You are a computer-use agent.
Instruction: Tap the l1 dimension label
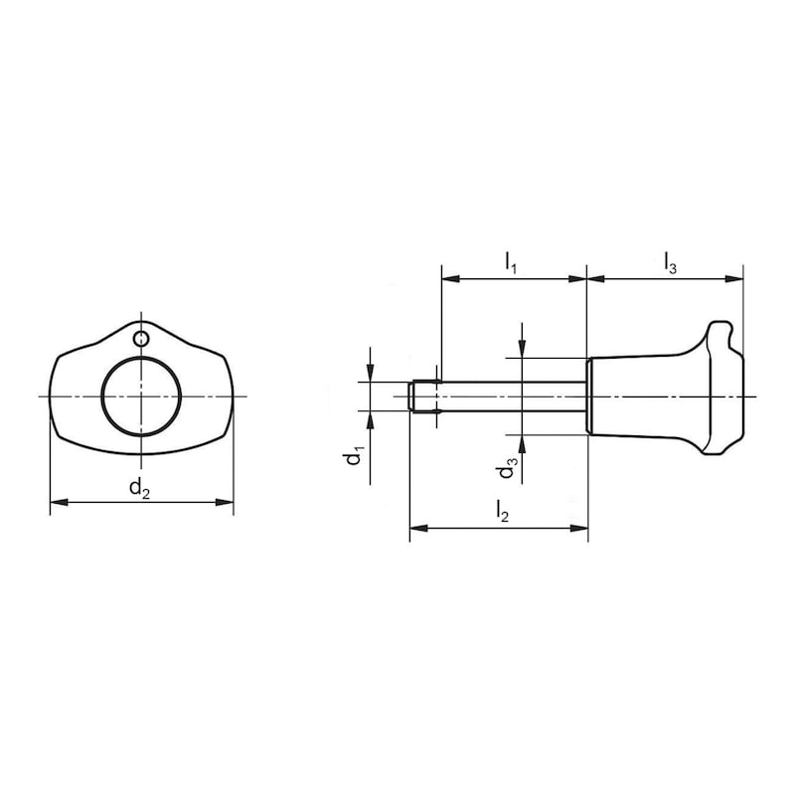511,263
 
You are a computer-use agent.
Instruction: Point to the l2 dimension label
503,513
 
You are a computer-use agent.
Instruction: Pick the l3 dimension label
671,263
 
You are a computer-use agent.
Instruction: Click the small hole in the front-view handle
142,340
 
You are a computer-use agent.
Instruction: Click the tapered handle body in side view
646,397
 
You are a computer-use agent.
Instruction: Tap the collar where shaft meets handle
589,397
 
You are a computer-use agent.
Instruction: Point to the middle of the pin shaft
507,397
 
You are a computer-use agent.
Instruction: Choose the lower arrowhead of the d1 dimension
370,418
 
